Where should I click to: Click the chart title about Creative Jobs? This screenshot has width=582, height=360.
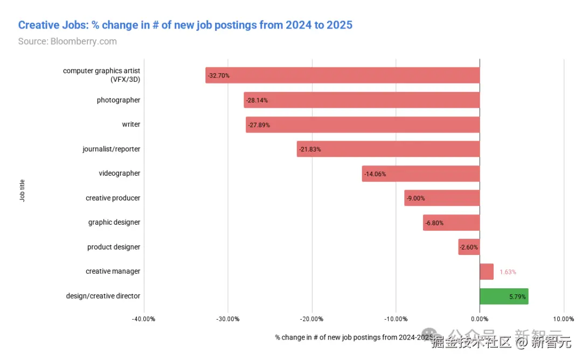tap(185, 25)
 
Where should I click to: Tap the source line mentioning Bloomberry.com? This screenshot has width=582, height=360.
tap(67, 41)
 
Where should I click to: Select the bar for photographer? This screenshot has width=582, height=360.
tap(362, 100)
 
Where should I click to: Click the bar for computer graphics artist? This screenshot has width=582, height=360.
tap(342, 75)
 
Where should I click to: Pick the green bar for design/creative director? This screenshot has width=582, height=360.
tap(504, 296)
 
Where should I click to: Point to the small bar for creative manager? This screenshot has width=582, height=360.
tap(487, 272)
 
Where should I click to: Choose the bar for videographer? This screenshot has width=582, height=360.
tap(421, 174)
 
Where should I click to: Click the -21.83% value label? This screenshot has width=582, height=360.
tap(309, 149)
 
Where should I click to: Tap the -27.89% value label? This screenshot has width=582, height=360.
tap(259, 125)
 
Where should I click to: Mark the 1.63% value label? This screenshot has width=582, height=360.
tap(508, 272)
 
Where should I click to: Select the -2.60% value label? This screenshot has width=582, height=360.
tap(469, 247)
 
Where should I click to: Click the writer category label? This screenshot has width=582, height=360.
tap(131, 124)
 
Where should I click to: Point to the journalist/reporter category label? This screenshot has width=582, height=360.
tap(111, 149)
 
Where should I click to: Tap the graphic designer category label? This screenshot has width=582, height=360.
tap(114, 222)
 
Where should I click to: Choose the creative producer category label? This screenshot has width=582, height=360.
tap(113, 198)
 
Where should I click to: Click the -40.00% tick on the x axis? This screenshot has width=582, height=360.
tap(143, 319)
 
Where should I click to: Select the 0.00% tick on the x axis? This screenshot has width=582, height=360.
tap(480, 319)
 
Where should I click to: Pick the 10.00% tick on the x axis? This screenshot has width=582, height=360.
tap(564, 319)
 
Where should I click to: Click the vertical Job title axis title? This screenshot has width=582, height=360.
tap(22, 191)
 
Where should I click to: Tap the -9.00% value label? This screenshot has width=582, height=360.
tap(415, 198)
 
